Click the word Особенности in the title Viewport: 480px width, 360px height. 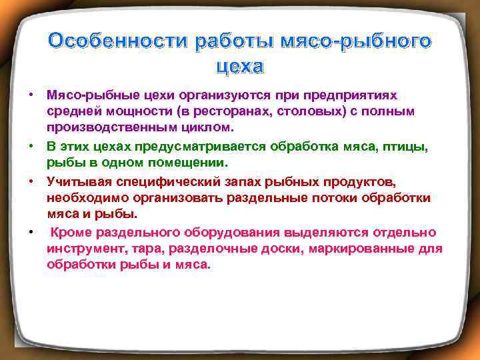click(117, 41)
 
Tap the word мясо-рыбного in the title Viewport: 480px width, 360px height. click(354, 41)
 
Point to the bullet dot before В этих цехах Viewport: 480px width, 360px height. click(31, 145)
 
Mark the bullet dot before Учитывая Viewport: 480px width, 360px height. click(31, 181)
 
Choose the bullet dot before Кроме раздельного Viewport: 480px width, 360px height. click(31, 232)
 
